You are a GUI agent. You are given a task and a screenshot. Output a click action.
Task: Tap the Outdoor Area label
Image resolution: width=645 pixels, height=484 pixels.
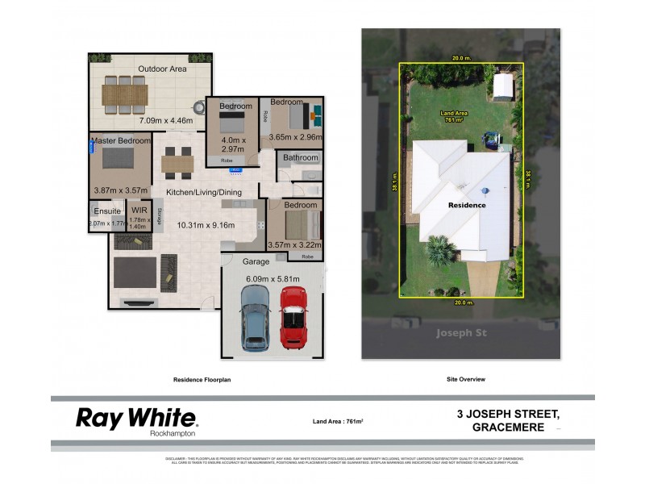coord(162,69)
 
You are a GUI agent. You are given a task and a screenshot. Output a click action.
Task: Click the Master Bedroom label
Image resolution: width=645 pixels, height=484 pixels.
coord(120,141)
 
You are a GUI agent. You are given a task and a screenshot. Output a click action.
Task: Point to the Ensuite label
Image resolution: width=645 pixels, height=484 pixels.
coord(106,211)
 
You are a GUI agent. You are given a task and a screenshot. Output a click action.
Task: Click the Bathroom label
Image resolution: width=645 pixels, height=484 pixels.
coord(301,157)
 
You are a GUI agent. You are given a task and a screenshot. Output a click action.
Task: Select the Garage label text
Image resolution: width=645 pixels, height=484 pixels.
coord(256,262)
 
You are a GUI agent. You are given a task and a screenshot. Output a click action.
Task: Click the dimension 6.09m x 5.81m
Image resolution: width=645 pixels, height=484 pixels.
coord(273,279)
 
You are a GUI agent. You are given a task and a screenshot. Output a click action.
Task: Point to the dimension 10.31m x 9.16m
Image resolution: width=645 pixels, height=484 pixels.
coord(206,225)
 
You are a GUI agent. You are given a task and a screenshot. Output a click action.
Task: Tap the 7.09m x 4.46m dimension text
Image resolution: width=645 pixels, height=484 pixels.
coord(165,121)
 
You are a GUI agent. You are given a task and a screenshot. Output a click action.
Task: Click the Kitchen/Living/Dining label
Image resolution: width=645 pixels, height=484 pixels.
coord(205,192)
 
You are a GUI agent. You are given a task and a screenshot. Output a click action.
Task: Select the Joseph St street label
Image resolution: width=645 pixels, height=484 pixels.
coord(460,332)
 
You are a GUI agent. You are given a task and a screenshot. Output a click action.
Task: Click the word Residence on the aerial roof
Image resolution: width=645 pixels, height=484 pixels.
coord(467,206)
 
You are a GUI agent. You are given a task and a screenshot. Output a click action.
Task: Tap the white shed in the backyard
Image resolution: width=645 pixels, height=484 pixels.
coord(503,86)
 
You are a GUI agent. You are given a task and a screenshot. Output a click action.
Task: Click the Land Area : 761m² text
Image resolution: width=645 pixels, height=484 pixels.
coord(337,421)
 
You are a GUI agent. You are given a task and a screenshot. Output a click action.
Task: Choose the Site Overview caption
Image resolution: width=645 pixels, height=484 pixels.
coord(465,378)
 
